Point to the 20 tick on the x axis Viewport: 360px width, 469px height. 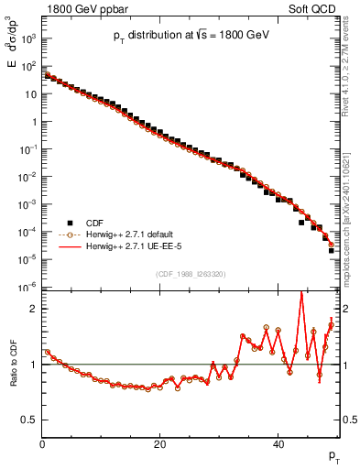coord(160,445)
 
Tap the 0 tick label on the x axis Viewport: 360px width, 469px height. coord(42,445)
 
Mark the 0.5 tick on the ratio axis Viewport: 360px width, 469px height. coord(29,420)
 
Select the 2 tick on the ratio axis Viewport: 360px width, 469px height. coord(33,309)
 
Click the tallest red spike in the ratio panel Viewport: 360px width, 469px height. coord(301,293)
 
